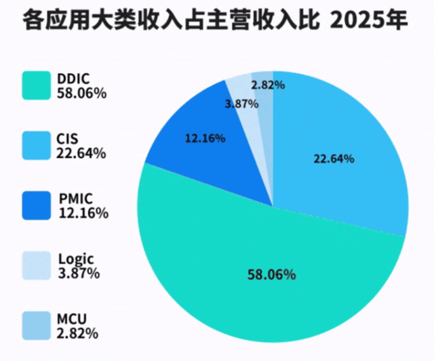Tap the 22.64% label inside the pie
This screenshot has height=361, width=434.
click(334, 159)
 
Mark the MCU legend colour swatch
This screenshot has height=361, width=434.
click(37, 326)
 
